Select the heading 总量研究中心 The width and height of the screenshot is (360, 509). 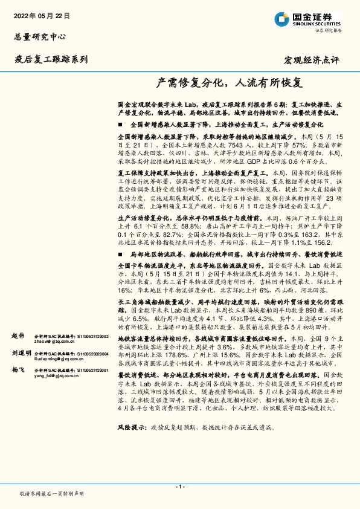[39, 37]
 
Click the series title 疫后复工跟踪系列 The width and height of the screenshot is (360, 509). [51, 59]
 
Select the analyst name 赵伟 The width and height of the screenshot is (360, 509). [18, 335]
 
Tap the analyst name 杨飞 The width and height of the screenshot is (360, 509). [18, 369]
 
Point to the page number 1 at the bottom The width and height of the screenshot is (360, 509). [179, 486]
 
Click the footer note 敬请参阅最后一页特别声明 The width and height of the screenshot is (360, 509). [52, 493]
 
